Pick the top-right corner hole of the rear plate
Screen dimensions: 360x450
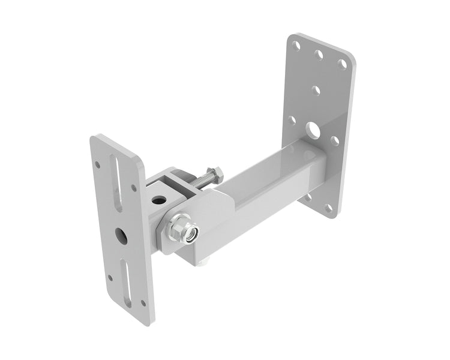(342, 64)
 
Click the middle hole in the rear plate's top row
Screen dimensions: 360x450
(319, 54)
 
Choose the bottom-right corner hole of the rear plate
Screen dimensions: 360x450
(328, 208)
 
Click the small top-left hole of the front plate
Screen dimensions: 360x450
(97, 163)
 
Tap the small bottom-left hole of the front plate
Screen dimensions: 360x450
(109, 278)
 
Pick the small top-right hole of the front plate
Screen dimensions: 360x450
(134, 188)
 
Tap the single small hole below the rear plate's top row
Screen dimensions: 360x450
(316, 91)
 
